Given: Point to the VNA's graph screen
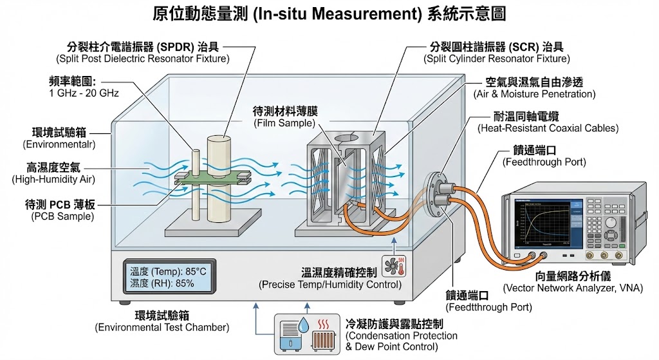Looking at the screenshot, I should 548,222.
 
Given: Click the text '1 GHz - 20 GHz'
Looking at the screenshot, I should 84,93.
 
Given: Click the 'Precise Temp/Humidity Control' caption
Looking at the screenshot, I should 330,285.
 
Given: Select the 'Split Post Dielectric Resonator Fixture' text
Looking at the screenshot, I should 142,59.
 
